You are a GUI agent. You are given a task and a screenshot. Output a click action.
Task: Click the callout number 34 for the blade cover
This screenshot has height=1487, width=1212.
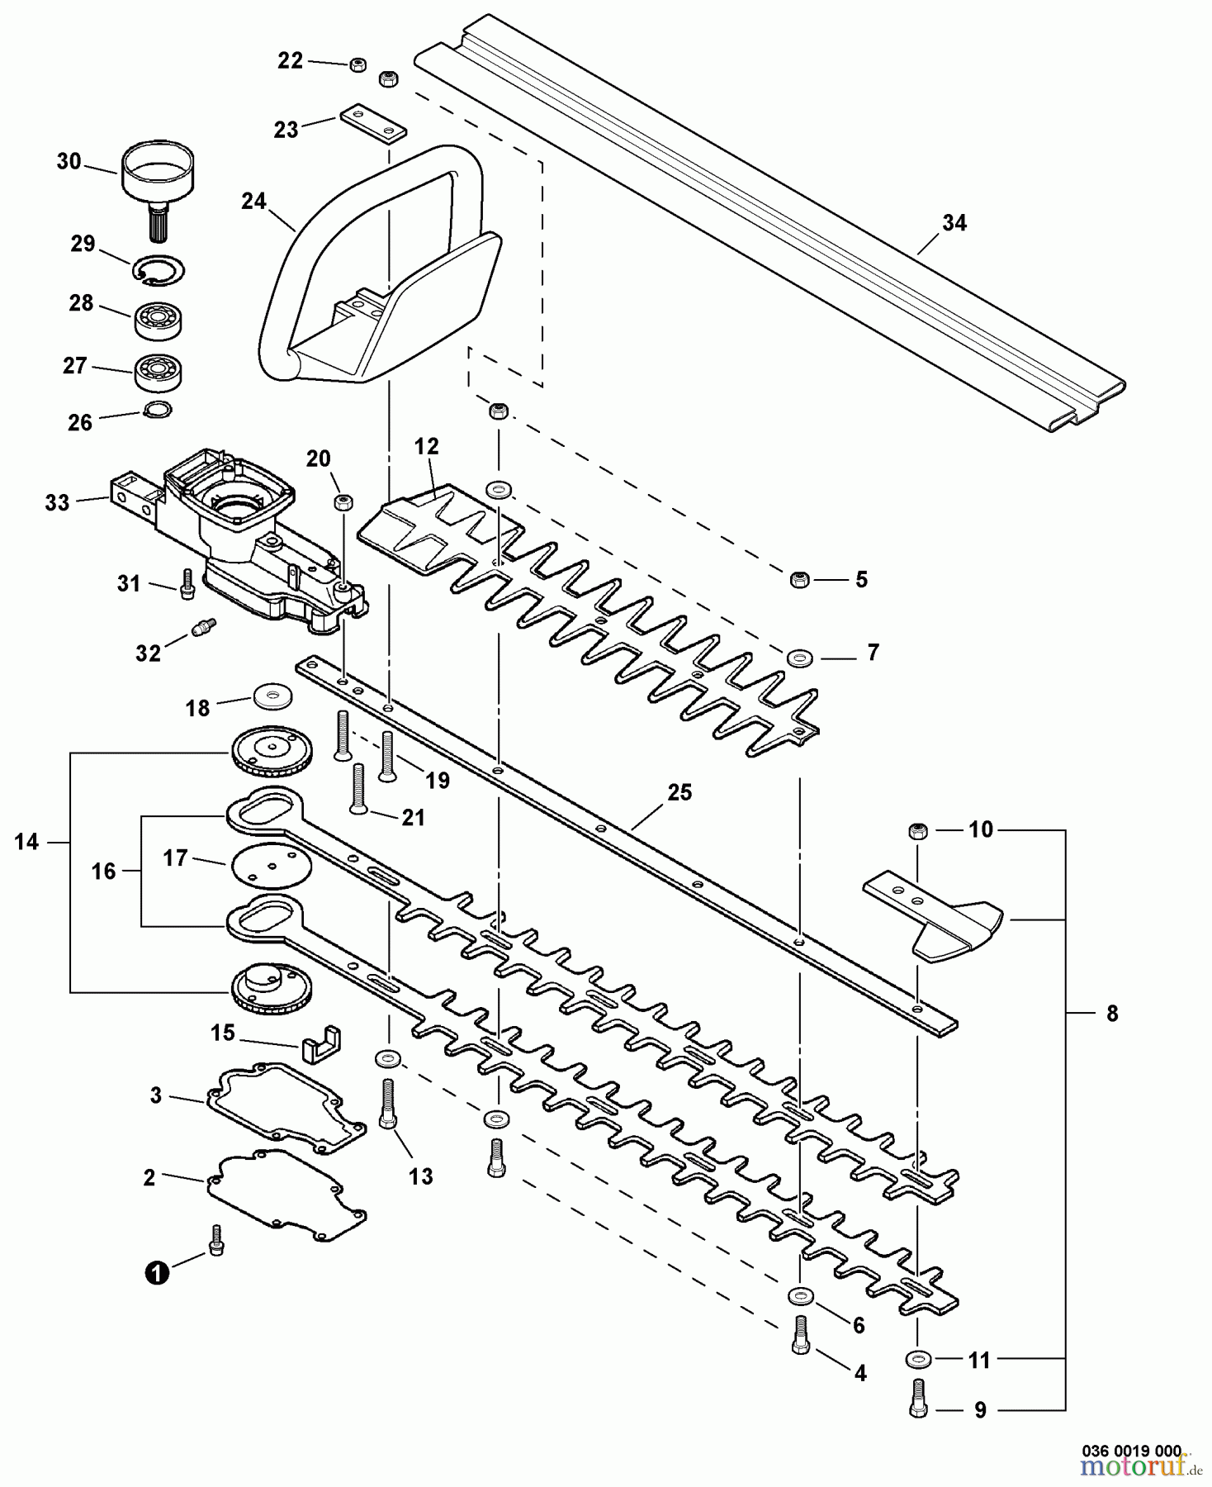[954, 223]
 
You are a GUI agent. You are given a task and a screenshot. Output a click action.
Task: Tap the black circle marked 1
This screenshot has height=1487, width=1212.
[156, 1273]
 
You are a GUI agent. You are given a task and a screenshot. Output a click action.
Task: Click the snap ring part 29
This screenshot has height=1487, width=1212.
[159, 270]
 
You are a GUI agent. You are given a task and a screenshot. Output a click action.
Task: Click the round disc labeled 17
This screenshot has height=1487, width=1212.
[270, 866]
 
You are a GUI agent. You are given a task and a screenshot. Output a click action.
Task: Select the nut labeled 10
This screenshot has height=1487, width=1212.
[916, 831]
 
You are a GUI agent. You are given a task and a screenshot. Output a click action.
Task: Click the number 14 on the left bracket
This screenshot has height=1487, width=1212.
[26, 843]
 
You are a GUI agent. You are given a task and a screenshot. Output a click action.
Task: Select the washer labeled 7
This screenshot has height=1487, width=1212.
[799, 658]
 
